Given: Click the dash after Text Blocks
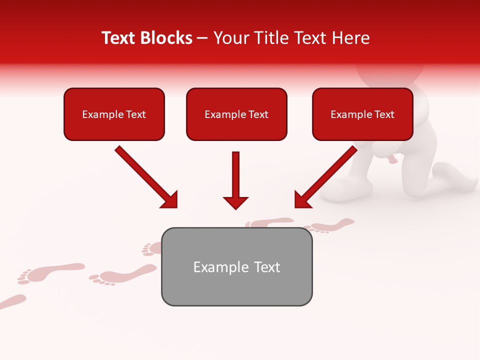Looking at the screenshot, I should click(x=202, y=38).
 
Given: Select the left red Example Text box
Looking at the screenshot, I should click(x=114, y=114).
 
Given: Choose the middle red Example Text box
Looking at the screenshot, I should click(x=236, y=114).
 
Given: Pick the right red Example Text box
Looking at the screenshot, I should click(x=362, y=114).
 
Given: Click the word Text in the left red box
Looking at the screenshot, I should click(x=136, y=114).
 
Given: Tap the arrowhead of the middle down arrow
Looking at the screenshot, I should click(x=235, y=202).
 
